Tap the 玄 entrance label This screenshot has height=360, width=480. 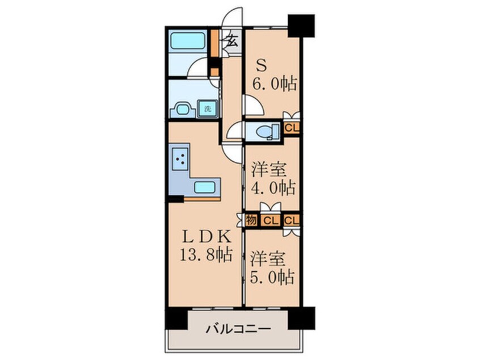coord(233,41)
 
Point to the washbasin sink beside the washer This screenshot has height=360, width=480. coord(182,108)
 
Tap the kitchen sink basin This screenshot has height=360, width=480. coord(205,186)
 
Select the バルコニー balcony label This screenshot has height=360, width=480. coord(234,329)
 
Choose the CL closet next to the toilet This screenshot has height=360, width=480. coord(292,128)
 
